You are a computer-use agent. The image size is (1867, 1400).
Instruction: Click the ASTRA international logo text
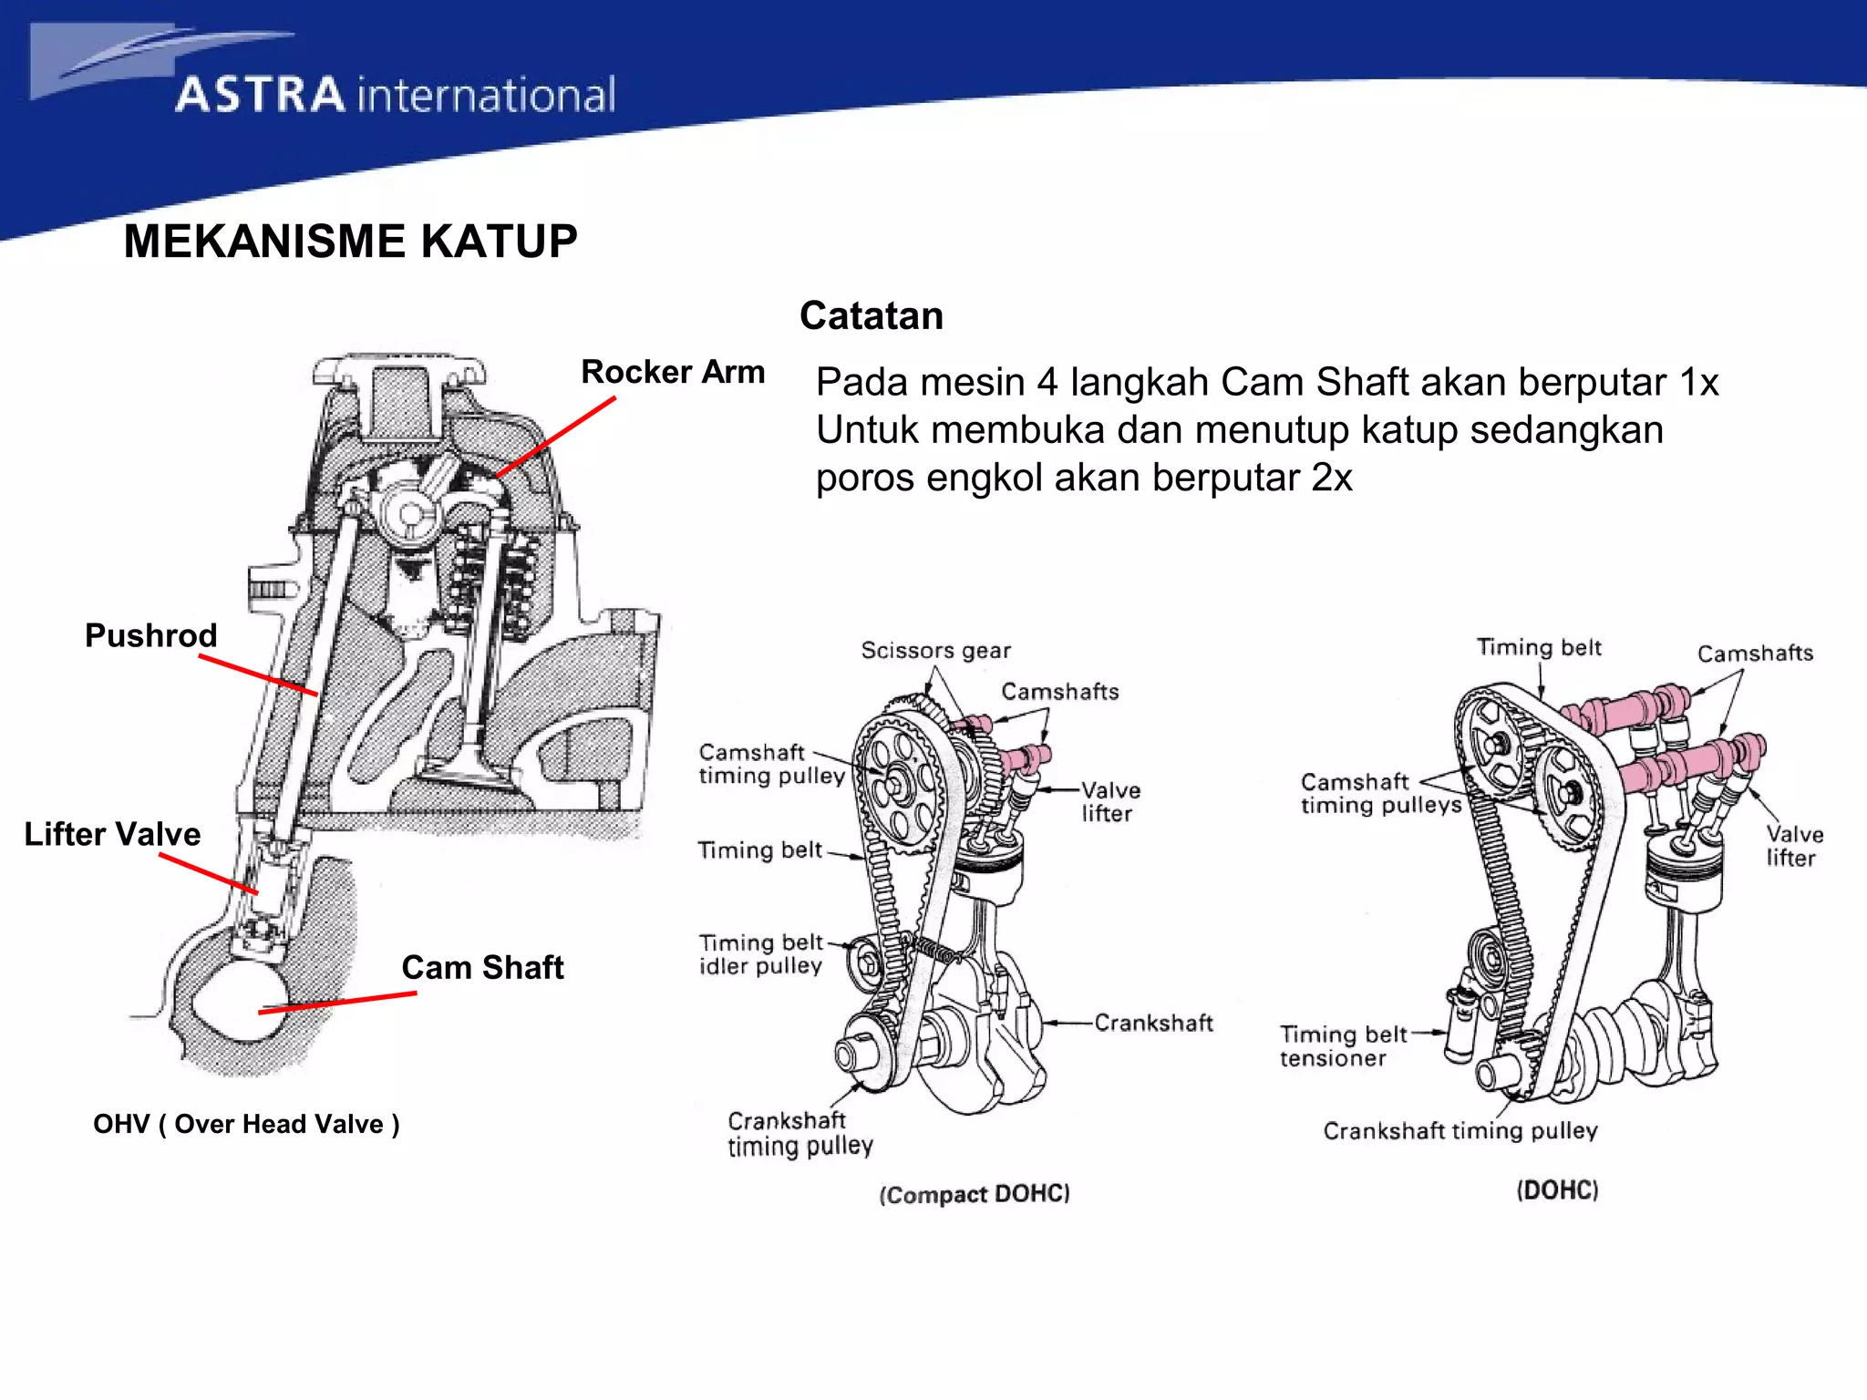(395, 95)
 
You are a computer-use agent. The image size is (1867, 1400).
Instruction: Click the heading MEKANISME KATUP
(350, 242)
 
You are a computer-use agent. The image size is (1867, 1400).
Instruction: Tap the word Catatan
(871, 315)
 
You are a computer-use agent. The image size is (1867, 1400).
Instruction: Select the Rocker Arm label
(673, 372)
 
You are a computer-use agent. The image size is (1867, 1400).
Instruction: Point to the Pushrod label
(150, 635)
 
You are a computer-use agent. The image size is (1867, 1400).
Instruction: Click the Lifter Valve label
(112, 834)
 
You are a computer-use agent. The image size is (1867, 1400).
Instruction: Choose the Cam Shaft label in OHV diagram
(482, 967)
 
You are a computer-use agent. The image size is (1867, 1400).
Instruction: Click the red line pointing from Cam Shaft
(337, 1003)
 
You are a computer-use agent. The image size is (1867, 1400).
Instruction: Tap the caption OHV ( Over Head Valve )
(246, 1124)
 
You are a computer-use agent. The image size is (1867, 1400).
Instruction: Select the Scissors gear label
(935, 650)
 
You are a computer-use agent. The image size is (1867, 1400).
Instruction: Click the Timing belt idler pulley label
(760, 954)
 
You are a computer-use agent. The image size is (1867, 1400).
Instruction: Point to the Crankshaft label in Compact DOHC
(1153, 1023)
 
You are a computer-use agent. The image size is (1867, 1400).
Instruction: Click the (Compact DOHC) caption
(974, 1194)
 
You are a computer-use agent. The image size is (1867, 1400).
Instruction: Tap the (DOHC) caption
(1557, 1190)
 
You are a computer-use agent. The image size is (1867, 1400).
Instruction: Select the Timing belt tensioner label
(1342, 1046)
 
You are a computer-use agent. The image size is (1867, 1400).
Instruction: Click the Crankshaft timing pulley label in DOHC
(1460, 1131)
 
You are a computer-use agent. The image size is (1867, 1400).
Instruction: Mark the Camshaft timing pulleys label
(1380, 793)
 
